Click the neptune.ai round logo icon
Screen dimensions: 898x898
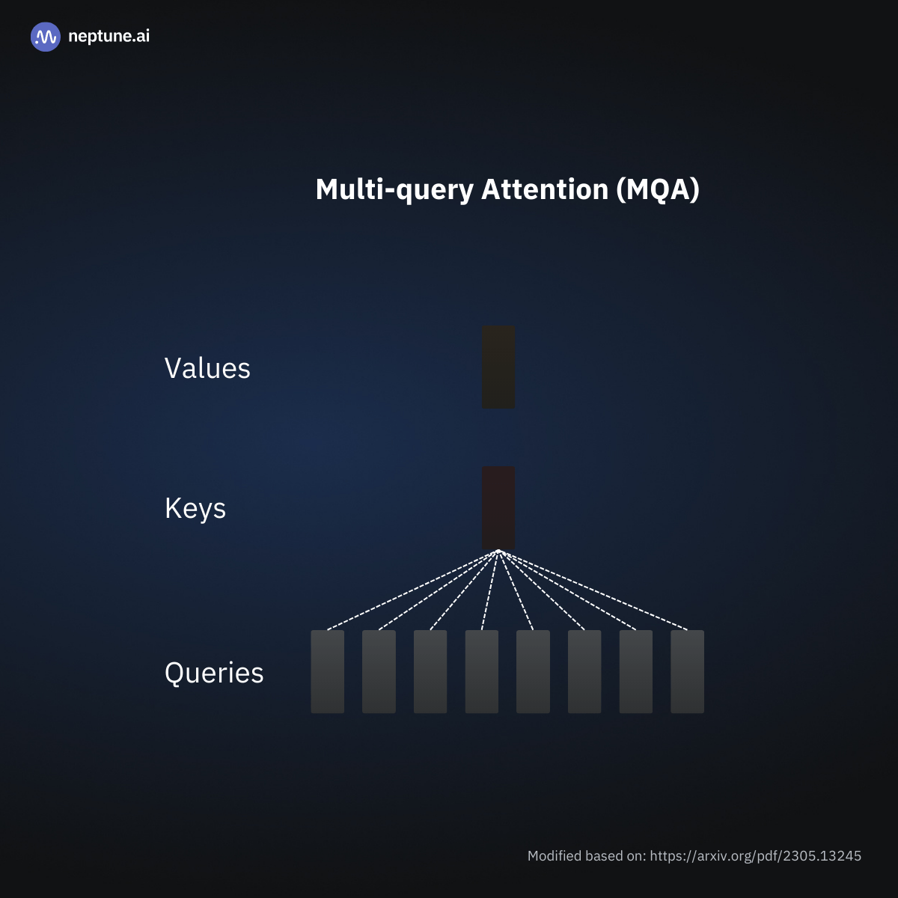point(45,37)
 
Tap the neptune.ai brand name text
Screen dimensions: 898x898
point(109,36)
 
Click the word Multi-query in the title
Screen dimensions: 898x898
point(394,190)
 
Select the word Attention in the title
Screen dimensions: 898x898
point(544,189)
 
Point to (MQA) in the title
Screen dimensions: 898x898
point(657,189)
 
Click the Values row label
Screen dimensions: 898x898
point(207,368)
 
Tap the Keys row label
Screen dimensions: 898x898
point(195,509)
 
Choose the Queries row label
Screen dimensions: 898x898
point(214,673)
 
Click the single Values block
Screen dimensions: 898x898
point(498,367)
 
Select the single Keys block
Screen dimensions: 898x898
point(498,507)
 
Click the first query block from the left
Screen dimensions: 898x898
point(328,671)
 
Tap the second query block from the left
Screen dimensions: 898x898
point(379,671)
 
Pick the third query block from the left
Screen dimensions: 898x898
point(430,671)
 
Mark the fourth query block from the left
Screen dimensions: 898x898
point(482,671)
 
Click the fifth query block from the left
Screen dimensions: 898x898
point(533,671)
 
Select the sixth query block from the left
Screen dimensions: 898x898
point(584,671)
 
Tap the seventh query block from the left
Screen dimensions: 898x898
point(636,671)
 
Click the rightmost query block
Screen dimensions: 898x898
point(687,671)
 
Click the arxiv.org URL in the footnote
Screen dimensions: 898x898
point(755,855)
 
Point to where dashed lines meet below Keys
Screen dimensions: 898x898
point(498,552)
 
